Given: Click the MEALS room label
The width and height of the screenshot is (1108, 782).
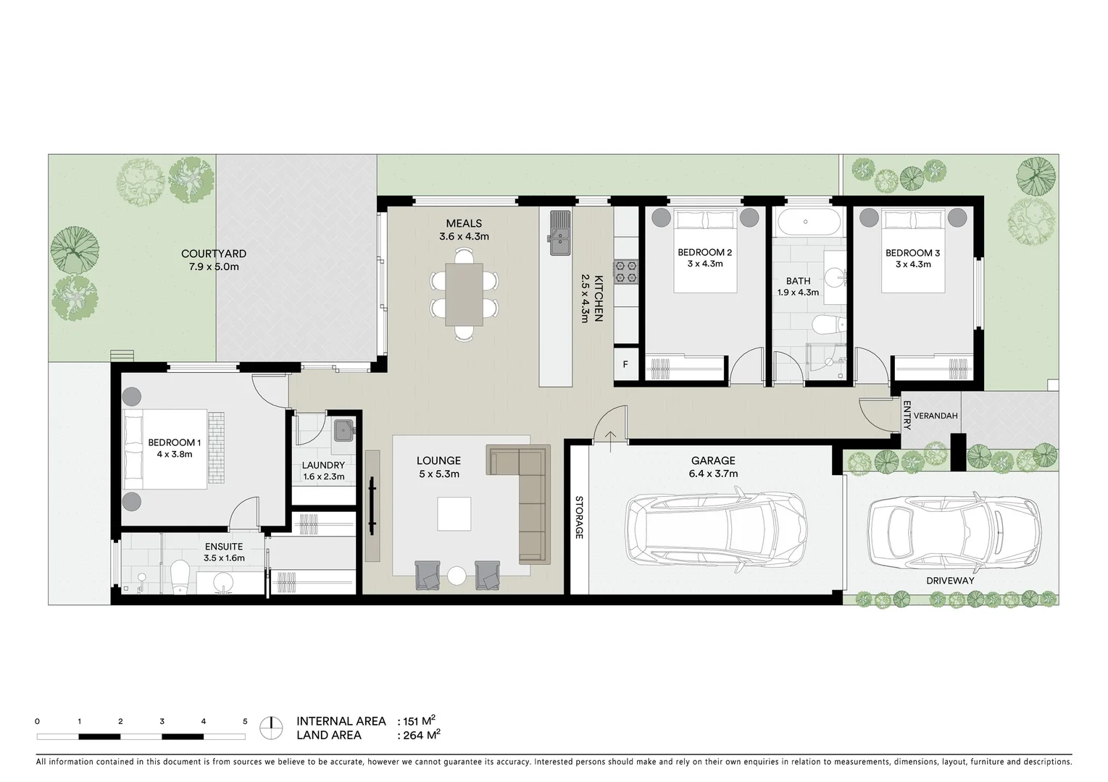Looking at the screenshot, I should click(x=464, y=223).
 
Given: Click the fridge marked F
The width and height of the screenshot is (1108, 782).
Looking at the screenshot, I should click(x=625, y=365).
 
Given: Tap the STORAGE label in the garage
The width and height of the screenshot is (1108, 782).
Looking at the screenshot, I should click(x=579, y=518).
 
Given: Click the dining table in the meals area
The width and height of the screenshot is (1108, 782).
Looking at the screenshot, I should click(x=464, y=294).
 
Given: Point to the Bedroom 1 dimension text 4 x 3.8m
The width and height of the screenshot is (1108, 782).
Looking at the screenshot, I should click(x=174, y=455).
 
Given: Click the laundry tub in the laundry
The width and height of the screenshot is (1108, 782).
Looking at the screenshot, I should click(x=341, y=430).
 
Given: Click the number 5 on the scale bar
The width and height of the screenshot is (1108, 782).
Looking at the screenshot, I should click(x=245, y=722).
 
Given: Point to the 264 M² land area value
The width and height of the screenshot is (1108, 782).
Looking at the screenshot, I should click(x=419, y=735).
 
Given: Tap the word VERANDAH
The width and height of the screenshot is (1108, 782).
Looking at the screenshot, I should click(x=936, y=416).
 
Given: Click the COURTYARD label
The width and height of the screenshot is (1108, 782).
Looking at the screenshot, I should click(x=213, y=254).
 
